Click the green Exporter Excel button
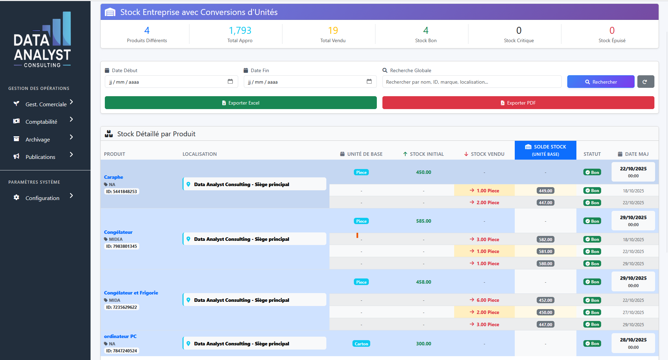tap(241, 103)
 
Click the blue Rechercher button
tap(600, 82)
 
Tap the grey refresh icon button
tap(645, 82)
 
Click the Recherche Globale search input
tap(472, 82)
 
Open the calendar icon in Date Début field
tap(230, 82)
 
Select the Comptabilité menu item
tap(41, 122)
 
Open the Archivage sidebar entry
tap(38, 139)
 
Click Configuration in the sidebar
tap(42, 198)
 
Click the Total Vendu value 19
tap(333, 31)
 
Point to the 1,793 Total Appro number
tap(240, 31)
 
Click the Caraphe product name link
tap(114, 177)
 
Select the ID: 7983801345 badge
tap(122, 246)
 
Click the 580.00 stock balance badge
tap(545, 264)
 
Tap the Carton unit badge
tap(361, 344)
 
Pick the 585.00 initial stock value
tap(424, 221)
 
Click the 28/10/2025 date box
tap(633, 343)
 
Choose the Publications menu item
tap(40, 157)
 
